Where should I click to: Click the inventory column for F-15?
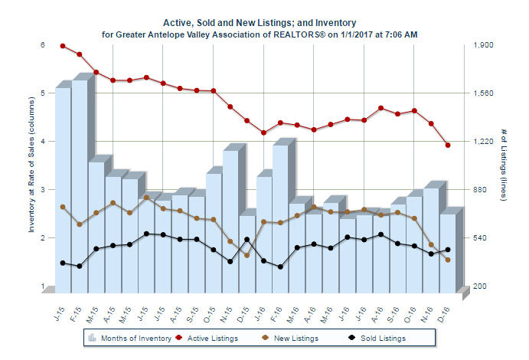pos(80,184)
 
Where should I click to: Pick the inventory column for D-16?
pos(448,252)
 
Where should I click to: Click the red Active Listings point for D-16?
pos(448,145)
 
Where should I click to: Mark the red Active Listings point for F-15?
pos(80,54)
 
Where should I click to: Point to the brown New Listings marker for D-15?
pos(247,255)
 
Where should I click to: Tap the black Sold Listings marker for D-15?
pos(247,240)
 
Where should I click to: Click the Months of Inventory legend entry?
pos(122,337)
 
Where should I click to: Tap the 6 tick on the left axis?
pos(43,45)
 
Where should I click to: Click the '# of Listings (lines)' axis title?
pos(503,165)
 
